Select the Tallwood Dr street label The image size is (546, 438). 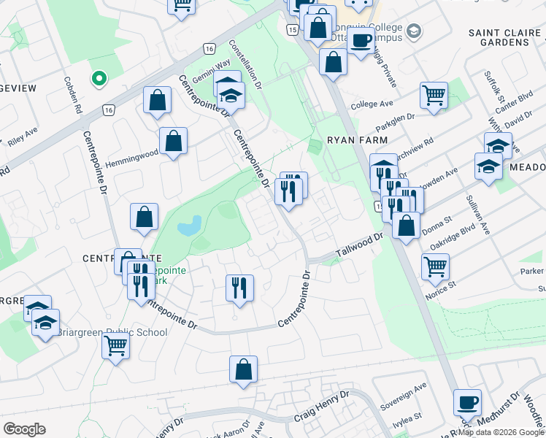(x=359, y=246)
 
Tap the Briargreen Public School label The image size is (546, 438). (x=121, y=332)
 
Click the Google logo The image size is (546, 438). (x=24, y=429)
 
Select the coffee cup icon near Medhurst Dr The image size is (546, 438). (x=467, y=402)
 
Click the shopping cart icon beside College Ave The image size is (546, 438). (x=434, y=95)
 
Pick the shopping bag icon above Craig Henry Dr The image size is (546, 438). (x=243, y=369)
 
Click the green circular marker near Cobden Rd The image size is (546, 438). (x=99, y=77)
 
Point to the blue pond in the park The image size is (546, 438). (x=189, y=226)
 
